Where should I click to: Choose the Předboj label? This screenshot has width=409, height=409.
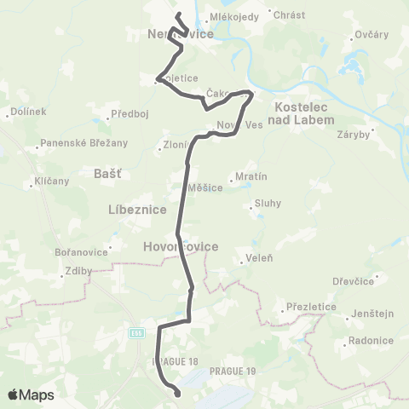(x=132, y=113)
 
